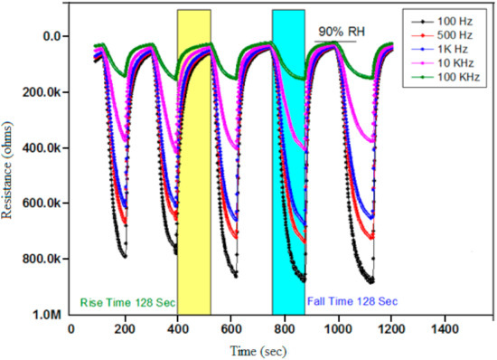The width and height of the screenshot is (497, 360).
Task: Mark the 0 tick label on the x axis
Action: click(x=71, y=330)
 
